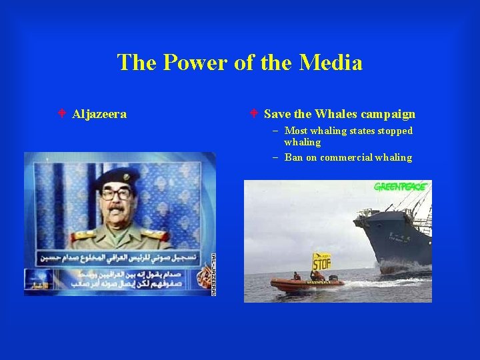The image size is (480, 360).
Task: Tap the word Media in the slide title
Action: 331,63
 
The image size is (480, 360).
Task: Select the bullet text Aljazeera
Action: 99,115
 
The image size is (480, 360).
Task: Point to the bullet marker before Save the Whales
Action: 254,114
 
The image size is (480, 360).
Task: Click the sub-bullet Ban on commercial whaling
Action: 348,157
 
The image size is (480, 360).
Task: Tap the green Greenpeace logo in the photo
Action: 400,187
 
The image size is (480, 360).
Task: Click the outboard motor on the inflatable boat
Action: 333,278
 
